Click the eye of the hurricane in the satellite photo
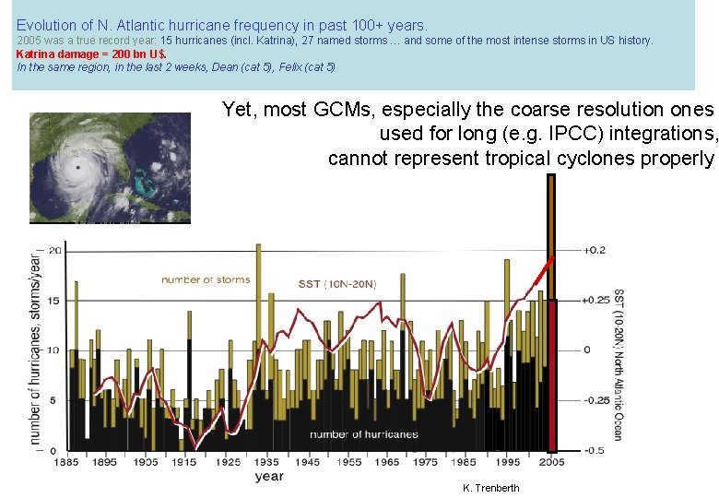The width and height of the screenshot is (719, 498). [x=78, y=170]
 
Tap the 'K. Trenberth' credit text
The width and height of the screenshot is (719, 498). [x=490, y=488]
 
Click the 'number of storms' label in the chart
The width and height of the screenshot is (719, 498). [x=206, y=279]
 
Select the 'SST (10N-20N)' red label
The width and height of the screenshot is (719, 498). [x=337, y=284]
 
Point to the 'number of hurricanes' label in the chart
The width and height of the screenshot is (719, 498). [x=363, y=434]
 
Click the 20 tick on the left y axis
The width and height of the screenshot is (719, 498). [x=55, y=250]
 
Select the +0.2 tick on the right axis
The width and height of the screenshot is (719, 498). [x=595, y=250]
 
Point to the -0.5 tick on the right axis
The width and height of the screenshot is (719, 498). [x=595, y=450]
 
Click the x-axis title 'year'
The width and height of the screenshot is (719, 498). [x=269, y=477]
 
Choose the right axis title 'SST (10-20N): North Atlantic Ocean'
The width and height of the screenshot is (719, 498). [x=619, y=364]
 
